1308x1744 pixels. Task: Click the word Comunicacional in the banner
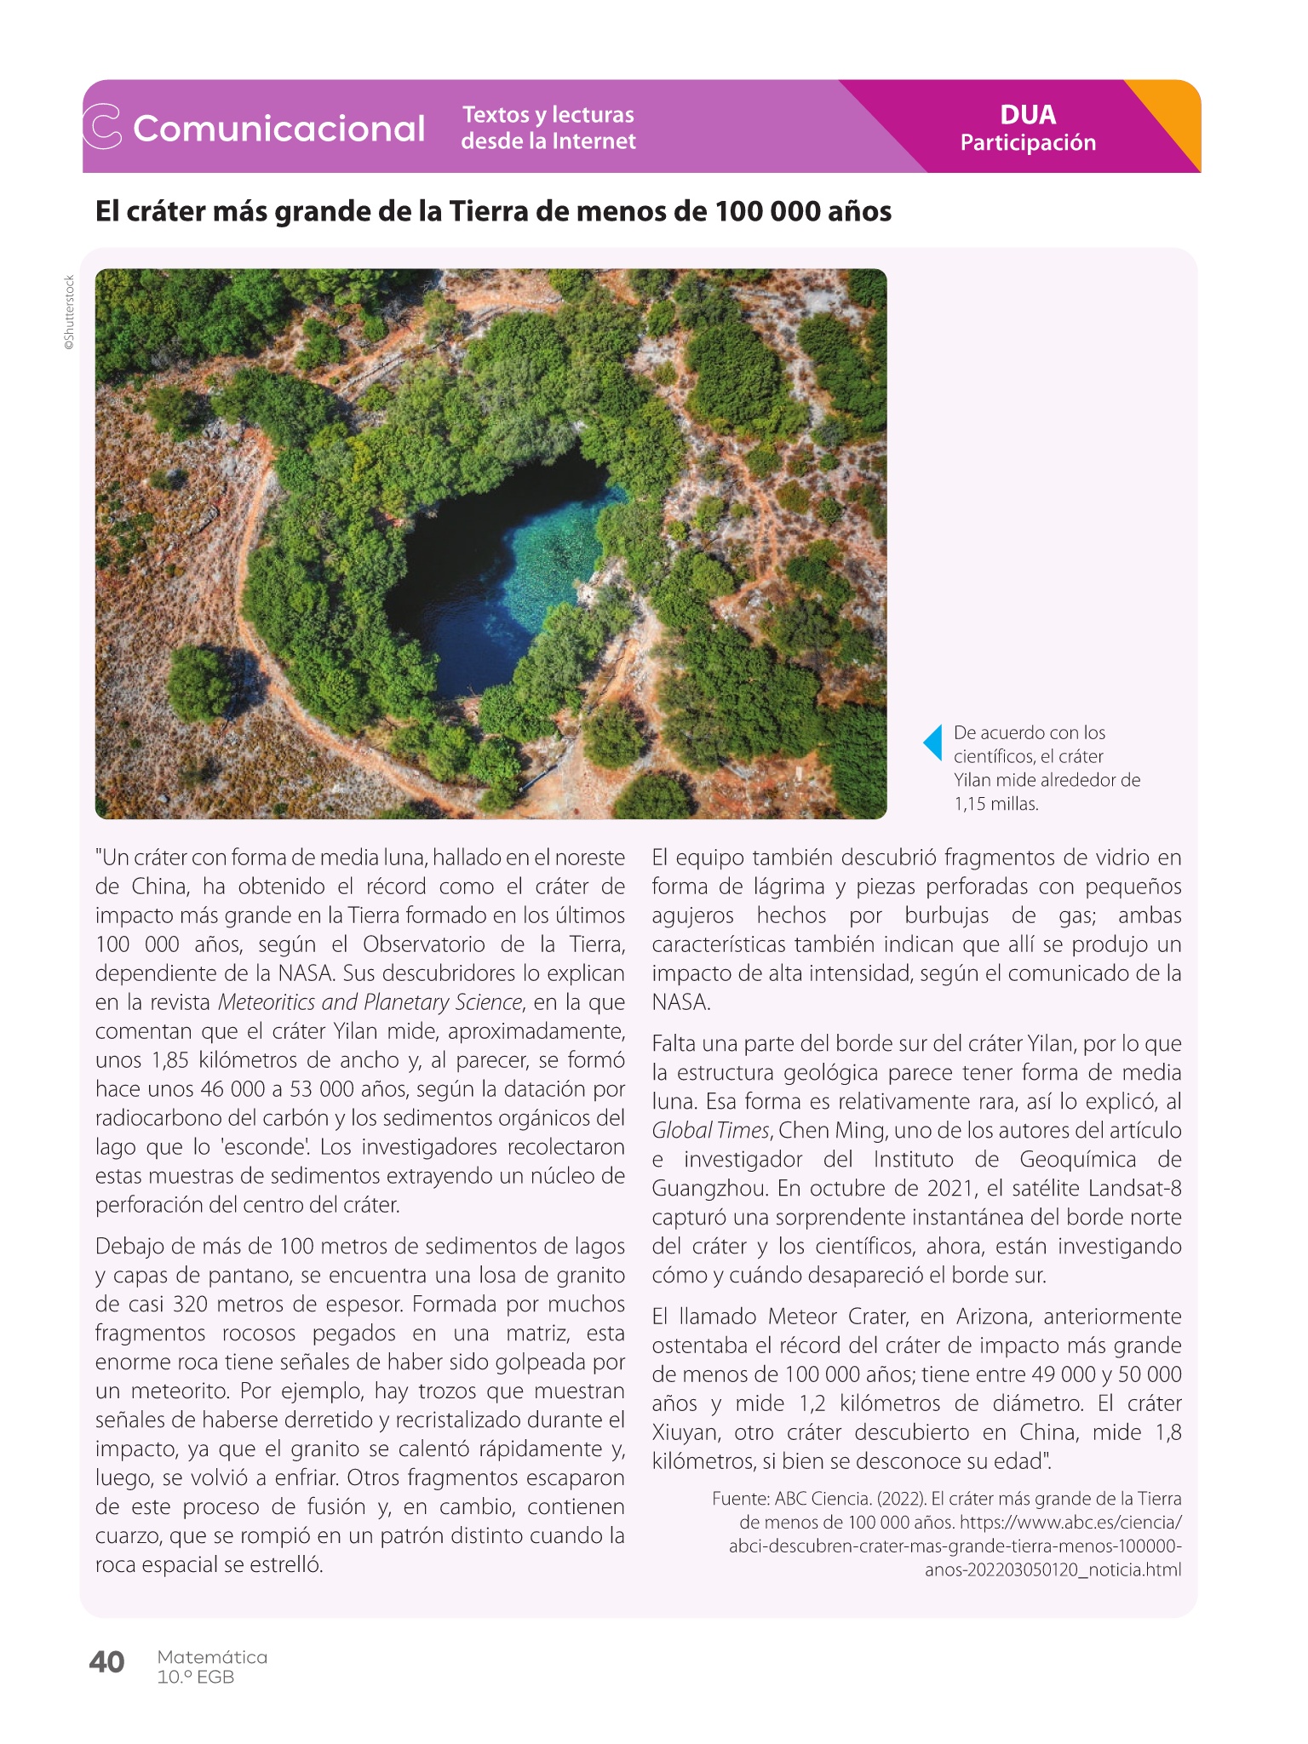pyautogui.click(x=278, y=129)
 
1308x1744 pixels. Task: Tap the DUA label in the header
pyautogui.click(x=1028, y=115)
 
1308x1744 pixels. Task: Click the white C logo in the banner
pyautogui.click(x=102, y=127)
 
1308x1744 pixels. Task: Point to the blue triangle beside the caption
pyautogui.click(x=933, y=743)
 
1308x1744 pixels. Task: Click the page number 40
pyautogui.click(x=106, y=1662)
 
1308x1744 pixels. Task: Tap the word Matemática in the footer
pyautogui.click(x=212, y=1657)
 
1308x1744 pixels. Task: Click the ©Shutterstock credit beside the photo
pyautogui.click(x=70, y=313)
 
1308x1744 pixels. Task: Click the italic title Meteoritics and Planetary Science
pyautogui.click(x=370, y=1002)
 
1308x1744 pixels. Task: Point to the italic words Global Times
pyautogui.click(x=711, y=1131)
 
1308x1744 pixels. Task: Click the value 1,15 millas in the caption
pyautogui.click(x=995, y=804)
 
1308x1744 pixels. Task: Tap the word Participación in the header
pyautogui.click(x=1028, y=143)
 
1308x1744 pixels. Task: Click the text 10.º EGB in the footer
pyautogui.click(x=196, y=1678)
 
